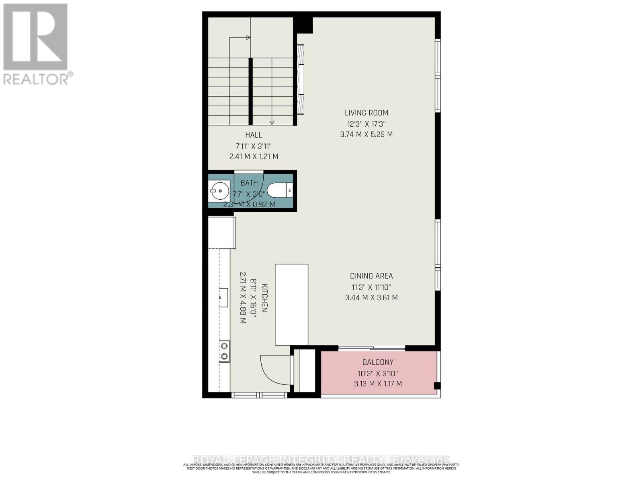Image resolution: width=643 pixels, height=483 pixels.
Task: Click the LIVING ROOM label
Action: [x=367, y=113]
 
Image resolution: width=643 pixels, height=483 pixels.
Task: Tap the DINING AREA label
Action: [x=371, y=276]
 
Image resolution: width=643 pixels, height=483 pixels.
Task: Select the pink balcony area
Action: [x=378, y=373]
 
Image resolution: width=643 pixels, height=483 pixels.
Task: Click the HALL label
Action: [x=254, y=135]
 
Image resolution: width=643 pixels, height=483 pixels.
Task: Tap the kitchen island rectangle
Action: [x=291, y=305]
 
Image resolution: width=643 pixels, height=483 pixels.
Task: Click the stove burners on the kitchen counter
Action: [x=224, y=351]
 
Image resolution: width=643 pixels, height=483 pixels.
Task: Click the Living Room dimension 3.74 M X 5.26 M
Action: [x=367, y=134]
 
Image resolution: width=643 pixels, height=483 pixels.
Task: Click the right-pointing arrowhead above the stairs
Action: [x=248, y=38]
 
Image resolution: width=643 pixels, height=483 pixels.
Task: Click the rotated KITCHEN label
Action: [x=264, y=298]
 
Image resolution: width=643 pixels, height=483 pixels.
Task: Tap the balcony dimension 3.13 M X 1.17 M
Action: [x=378, y=384]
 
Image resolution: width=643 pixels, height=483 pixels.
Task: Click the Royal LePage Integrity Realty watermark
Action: [x=321, y=460]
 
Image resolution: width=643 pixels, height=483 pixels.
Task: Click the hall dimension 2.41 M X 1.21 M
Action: [x=254, y=157]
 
